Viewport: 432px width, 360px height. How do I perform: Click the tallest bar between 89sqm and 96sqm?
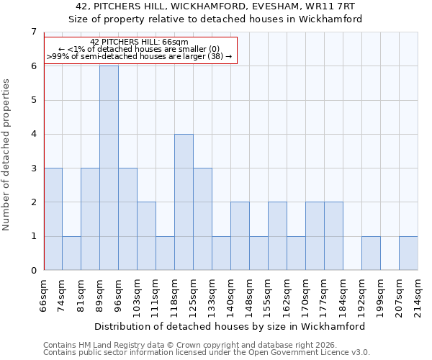tap(109, 168)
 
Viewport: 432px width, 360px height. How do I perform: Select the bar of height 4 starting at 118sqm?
tap(184, 202)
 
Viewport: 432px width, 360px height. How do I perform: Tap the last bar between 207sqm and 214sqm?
tap(408, 253)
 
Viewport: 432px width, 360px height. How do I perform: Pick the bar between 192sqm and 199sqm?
tap(371, 253)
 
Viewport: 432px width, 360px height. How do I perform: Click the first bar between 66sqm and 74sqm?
tap(53, 219)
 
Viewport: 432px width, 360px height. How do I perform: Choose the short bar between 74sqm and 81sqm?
tap(71, 253)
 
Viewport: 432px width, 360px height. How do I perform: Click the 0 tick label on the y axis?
tap(32, 271)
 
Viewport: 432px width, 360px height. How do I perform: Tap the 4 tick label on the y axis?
tap(32, 134)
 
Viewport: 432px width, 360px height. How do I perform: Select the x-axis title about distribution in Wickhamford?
tap(230, 326)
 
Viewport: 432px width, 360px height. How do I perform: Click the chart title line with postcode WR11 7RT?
tap(216, 6)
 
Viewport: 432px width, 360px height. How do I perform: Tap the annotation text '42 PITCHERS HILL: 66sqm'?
tap(140, 42)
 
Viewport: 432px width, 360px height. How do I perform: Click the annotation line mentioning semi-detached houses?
tap(140, 56)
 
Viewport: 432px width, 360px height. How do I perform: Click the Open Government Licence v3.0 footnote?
tap(207, 353)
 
